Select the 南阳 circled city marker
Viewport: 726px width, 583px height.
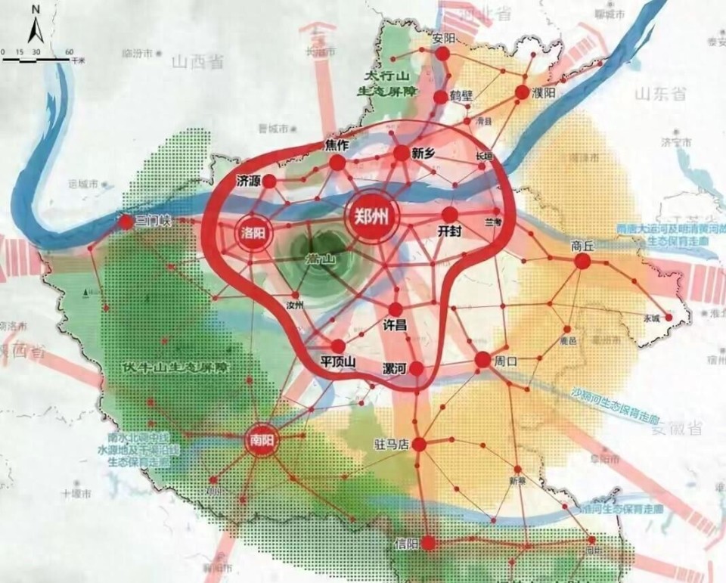point(259,440)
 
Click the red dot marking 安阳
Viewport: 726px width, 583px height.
point(442,54)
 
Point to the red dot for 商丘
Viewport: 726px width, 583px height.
point(582,261)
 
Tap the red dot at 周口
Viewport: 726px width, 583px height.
point(482,360)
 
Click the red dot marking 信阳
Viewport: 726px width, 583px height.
point(429,542)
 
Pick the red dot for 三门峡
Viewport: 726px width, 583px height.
point(126,222)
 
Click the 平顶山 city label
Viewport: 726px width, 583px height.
point(338,361)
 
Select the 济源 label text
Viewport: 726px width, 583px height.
point(248,181)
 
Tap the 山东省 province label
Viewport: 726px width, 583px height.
point(659,94)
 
